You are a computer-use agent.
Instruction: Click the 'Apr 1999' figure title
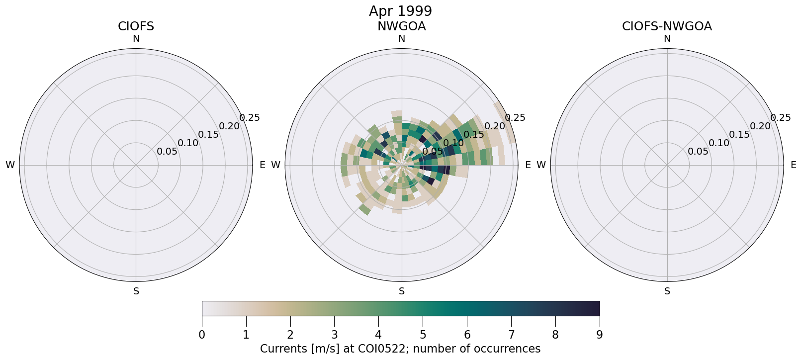(x=400, y=11)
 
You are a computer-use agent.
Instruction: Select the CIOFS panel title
(x=136, y=26)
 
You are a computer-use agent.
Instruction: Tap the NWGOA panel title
(x=401, y=26)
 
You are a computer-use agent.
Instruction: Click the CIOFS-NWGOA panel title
(x=667, y=26)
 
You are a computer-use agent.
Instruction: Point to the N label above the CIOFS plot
(x=136, y=39)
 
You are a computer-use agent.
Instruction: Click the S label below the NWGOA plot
(x=401, y=291)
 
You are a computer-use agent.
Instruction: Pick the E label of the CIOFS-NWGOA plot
(x=794, y=165)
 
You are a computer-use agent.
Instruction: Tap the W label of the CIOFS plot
(x=10, y=165)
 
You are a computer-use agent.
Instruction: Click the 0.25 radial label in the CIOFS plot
(x=250, y=118)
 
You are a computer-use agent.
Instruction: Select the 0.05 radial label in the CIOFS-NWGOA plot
(x=698, y=152)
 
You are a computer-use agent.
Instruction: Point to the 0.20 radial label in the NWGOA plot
(x=495, y=126)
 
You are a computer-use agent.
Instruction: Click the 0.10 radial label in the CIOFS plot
(x=188, y=143)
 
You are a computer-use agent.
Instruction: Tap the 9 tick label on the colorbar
(x=599, y=335)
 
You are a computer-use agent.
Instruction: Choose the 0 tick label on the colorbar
(x=202, y=335)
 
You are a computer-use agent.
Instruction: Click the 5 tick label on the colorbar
(x=423, y=335)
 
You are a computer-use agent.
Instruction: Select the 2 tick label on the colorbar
(x=290, y=335)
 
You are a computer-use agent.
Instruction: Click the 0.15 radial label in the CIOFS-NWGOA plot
(x=739, y=135)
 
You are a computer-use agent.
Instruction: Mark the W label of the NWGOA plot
(x=275, y=165)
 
